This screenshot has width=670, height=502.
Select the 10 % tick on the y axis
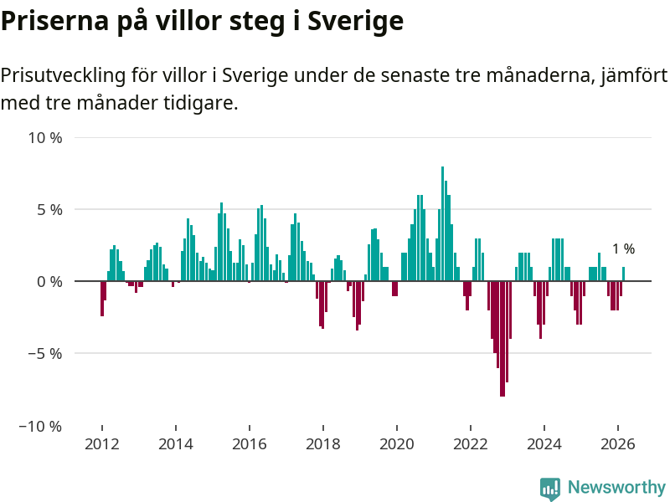point(45,137)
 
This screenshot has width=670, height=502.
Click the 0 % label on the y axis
point(49,282)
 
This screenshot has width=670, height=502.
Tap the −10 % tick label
point(41,426)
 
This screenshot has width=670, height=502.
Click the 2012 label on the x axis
point(101,445)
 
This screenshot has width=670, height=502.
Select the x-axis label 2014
point(175,445)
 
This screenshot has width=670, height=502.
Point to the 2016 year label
point(249,445)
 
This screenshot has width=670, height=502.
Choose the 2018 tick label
point(322,445)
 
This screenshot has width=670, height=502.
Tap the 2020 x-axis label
point(396,445)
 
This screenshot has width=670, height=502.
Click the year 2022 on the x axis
point(471,445)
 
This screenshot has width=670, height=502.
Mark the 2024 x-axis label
point(544,445)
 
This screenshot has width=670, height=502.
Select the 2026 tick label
point(618,445)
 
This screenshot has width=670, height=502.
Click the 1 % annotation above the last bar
point(623,248)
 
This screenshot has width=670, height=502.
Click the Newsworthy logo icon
point(550,489)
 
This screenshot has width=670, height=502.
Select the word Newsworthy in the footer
point(616,488)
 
